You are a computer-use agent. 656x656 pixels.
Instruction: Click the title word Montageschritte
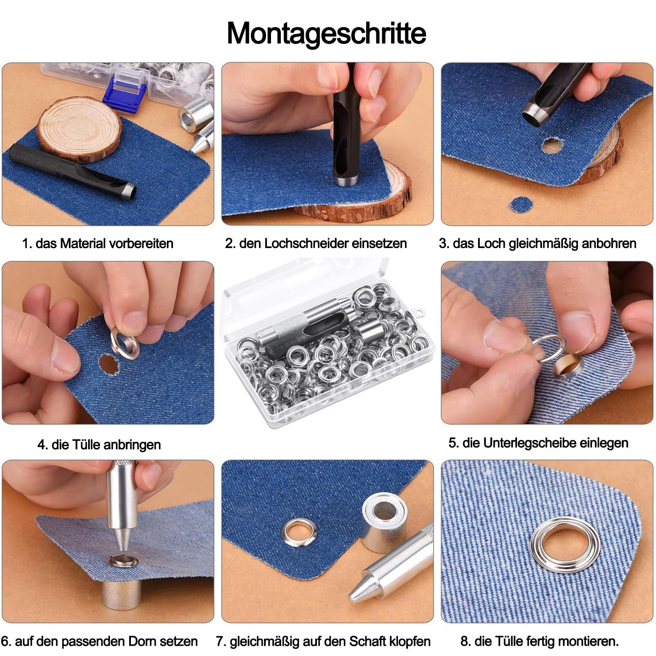[x=326, y=33]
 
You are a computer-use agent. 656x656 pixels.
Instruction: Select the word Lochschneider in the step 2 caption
[x=301, y=244]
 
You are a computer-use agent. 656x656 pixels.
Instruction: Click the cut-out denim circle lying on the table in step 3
[x=521, y=204]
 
